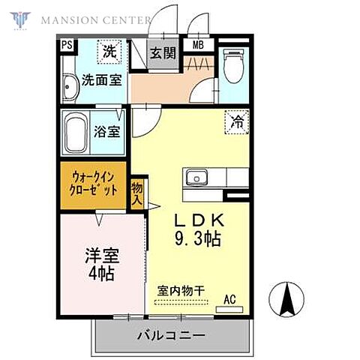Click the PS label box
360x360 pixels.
pos(67,46)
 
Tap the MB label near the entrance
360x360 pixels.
pos(199,45)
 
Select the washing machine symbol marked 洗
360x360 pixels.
pos(110,52)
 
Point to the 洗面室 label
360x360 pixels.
pos(101,80)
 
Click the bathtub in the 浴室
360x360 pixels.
pos(75,132)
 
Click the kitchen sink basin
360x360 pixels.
pos(196,178)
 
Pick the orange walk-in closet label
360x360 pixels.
pos(94,184)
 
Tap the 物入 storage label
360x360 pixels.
pos(137,194)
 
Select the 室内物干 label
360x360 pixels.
pos(182,290)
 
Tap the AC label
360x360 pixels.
pos(229,299)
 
